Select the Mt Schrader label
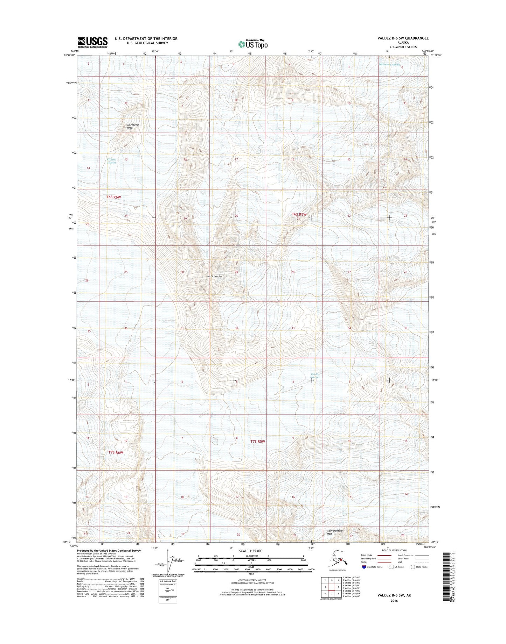tap(215, 276)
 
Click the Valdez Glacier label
tap(315, 375)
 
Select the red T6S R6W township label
tap(113, 197)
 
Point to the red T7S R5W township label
tap(258, 442)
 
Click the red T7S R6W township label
tap(116, 452)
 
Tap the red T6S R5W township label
tap(299, 214)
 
